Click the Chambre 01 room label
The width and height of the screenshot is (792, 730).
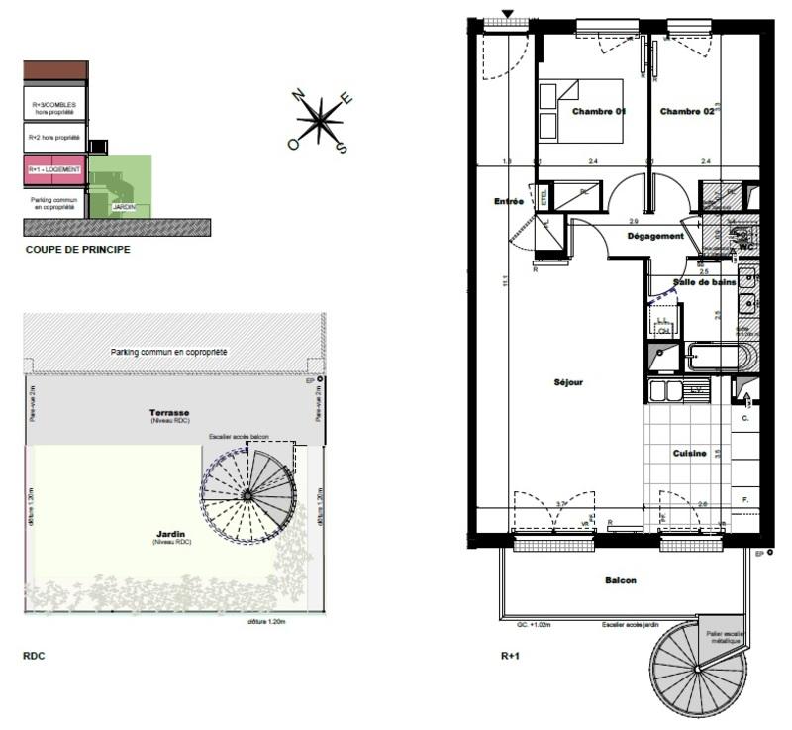click(599, 112)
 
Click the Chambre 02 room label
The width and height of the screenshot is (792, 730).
click(687, 112)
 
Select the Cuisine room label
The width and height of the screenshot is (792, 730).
click(689, 453)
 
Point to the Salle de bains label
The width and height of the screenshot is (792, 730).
click(704, 282)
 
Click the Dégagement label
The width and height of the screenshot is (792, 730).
click(655, 236)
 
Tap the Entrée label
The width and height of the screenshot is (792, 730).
click(509, 201)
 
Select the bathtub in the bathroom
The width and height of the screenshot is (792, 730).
click(716, 358)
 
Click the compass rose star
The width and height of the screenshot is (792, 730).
click(320, 123)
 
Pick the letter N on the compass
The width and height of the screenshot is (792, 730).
click(298, 95)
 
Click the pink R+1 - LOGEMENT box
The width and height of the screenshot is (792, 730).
click(54, 170)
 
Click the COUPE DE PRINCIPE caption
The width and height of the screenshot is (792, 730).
click(77, 251)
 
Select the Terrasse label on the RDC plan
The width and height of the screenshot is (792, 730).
click(169, 412)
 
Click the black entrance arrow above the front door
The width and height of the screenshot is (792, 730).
click(509, 14)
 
